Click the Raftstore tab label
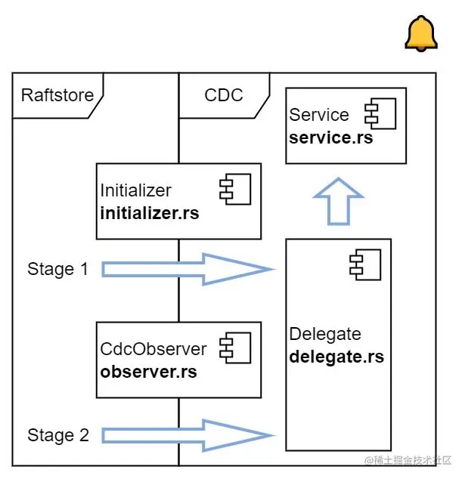[57, 95]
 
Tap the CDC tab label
[223, 95]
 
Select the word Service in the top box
[319, 115]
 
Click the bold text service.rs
[331, 138]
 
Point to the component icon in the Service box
[375, 115]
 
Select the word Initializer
[136, 190]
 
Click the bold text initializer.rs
[150, 213]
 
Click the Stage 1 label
[61, 269]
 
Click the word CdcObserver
[153, 349]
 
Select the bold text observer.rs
[148, 372]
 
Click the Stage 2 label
[58, 435]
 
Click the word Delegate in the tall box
[325, 334]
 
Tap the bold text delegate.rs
[336, 357]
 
